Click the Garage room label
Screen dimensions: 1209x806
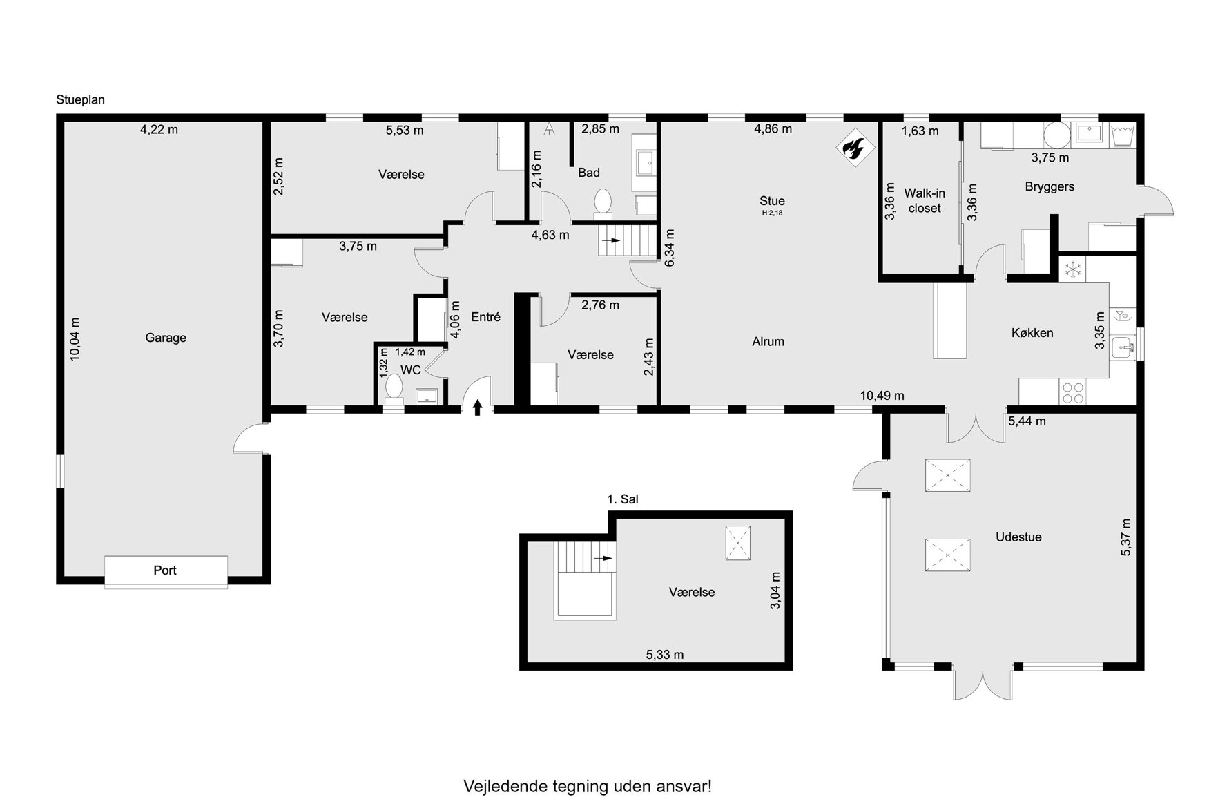point(166,338)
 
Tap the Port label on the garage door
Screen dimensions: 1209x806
point(165,570)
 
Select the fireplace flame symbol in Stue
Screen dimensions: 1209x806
point(855,148)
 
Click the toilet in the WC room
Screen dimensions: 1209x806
point(394,387)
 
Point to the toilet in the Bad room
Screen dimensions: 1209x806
point(602,201)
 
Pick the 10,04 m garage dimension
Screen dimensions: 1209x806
point(75,338)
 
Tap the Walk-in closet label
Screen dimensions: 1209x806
point(925,201)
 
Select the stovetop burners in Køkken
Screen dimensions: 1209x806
point(1072,393)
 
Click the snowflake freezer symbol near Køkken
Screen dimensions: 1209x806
point(1072,269)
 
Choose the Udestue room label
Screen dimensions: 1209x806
point(1018,537)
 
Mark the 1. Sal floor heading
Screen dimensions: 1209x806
point(623,499)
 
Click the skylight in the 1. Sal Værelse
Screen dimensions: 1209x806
point(738,543)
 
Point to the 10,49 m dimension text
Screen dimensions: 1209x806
point(882,396)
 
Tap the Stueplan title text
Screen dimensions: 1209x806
point(81,99)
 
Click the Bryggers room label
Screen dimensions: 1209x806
point(1050,186)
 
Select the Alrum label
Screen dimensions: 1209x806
point(768,341)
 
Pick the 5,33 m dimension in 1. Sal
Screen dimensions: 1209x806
point(665,654)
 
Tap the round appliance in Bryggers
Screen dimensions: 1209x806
point(1056,134)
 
